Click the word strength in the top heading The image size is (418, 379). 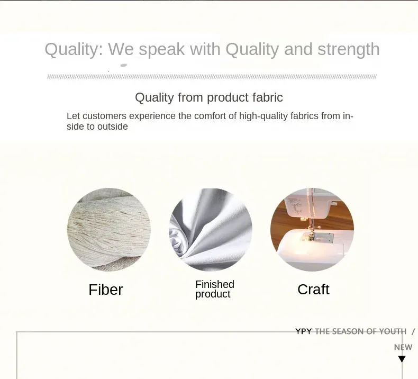pos(349,50)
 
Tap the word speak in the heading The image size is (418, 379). pos(161,50)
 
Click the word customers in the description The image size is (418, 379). pos(105,116)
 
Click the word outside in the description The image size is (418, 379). pos(113,127)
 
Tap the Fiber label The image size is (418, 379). pos(106,290)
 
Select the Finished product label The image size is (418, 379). pos(215,289)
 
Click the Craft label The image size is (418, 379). pos(313,290)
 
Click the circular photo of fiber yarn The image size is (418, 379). pos(109,230)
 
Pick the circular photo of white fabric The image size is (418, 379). pos(211,230)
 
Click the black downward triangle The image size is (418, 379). pos(402,359)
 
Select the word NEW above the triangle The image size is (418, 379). pos(403,347)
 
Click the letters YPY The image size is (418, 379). pos(303,331)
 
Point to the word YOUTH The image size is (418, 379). pos(393,331)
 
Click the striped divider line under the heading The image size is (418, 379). pos(212,77)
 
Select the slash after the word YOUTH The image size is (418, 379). pos(413,331)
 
